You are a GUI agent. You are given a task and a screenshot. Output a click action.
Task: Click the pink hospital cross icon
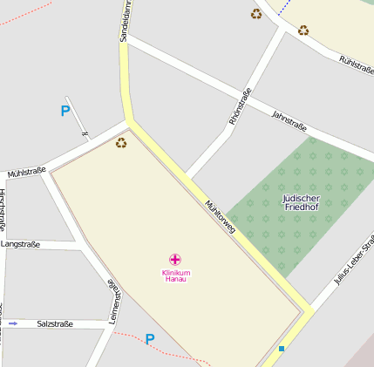(175, 259)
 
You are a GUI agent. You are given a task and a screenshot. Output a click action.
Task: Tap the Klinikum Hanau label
(176, 275)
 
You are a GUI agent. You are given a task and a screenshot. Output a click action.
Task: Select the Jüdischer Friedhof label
(302, 203)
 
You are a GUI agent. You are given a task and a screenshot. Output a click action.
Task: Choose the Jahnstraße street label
(289, 120)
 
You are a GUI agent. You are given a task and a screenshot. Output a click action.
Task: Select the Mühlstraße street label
(26, 173)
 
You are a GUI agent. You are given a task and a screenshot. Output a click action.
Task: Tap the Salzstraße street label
(55, 323)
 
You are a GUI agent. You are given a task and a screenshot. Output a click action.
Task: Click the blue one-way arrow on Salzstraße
(12, 323)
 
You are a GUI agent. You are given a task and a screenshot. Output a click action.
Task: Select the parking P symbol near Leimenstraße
(150, 339)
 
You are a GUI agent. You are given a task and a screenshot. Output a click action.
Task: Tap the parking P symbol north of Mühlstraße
(65, 111)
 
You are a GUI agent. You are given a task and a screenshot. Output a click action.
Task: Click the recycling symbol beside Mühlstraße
(121, 142)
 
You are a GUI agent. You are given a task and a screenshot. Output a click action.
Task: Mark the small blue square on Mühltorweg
(282, 349)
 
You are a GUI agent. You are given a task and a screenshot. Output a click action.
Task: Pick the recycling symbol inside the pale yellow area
(303, 30)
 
